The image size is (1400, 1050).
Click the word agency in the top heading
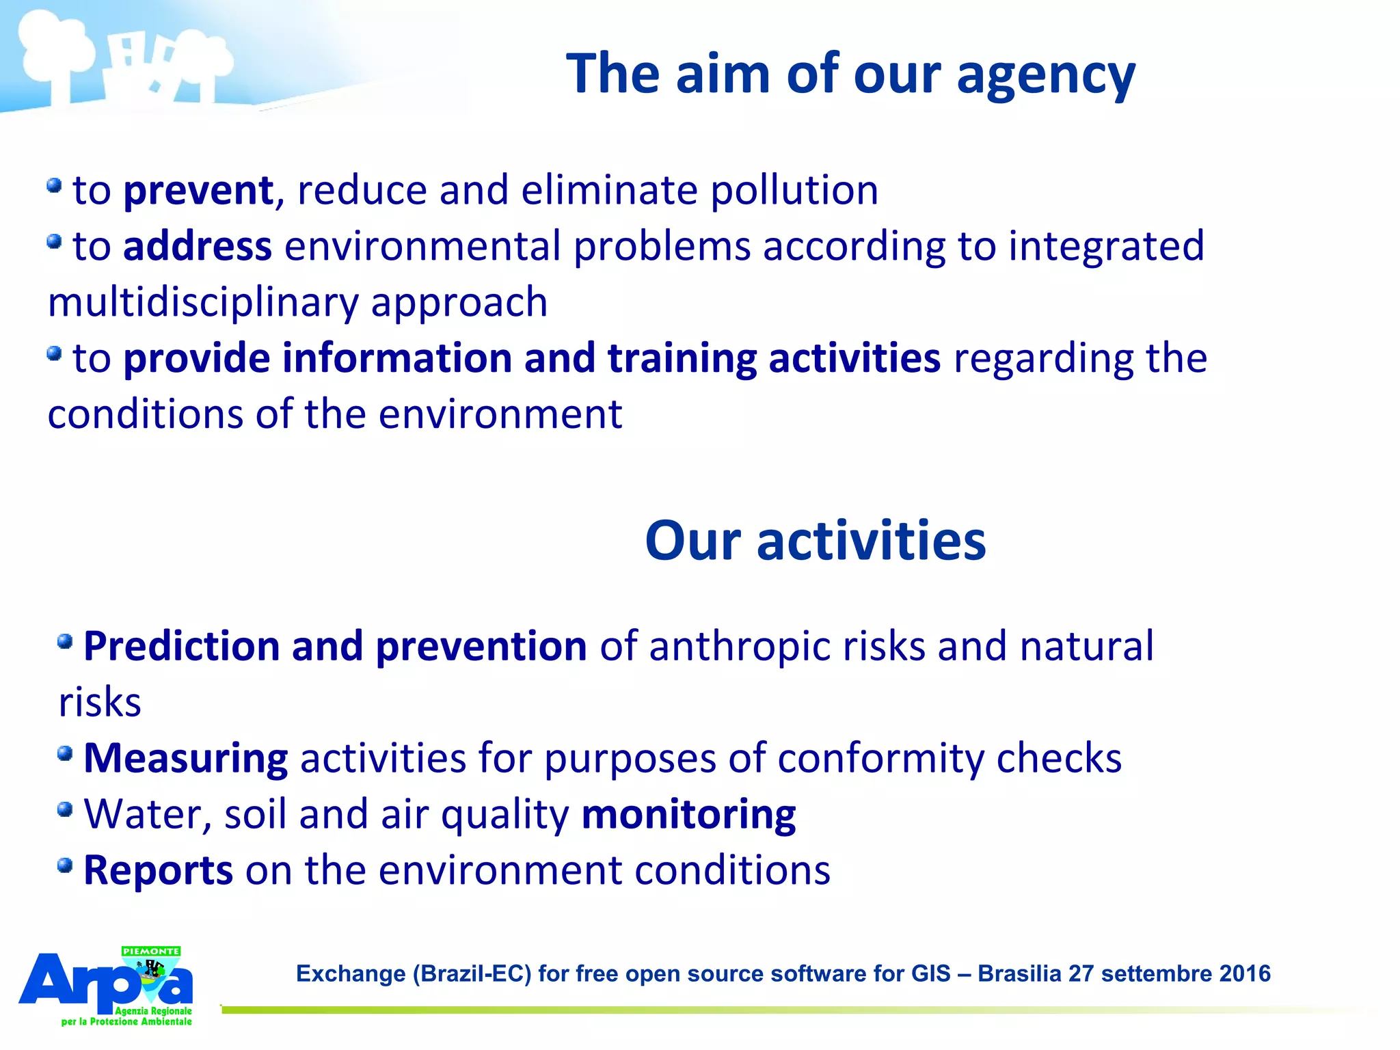click(x=1045, y=75)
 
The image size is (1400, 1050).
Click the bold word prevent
click(x=198, y=191)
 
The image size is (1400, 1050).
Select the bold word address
click(x=198, y=246)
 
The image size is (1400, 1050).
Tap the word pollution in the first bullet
click(x=794, y=191)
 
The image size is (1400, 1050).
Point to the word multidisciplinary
click(x=202, y=303)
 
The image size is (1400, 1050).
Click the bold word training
click(x=682, y=359)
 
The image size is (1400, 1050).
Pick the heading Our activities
click(x=815, y=541)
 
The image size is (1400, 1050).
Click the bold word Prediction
click(x=181, y=646)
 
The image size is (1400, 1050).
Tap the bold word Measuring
click(x=185, y=758)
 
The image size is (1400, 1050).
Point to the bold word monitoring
click(x=688, y=815)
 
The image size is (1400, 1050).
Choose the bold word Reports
click(x=158, y=871)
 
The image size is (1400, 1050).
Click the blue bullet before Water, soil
click(x=65, y=809)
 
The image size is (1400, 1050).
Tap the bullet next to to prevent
click(x=55, y=185)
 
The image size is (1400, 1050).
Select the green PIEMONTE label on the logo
click(x=151, y=951)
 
